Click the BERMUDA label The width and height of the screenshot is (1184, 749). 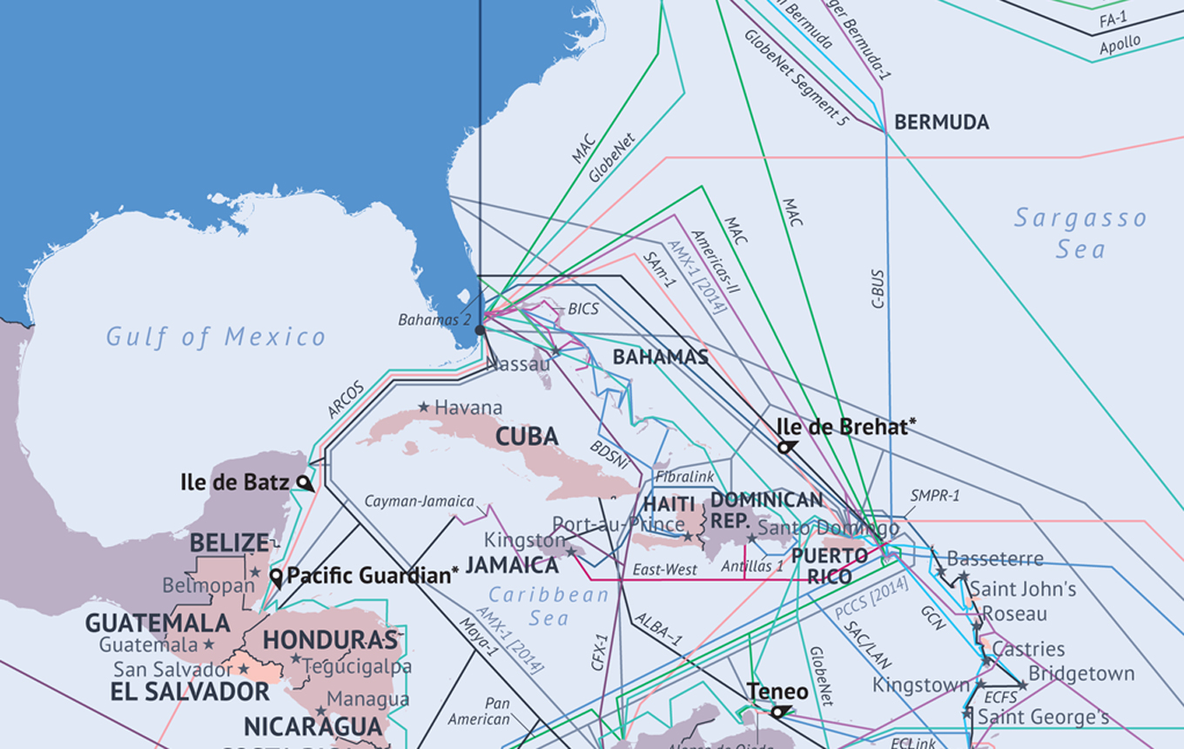(941, 123)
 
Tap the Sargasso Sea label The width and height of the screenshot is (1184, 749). (1080, 233)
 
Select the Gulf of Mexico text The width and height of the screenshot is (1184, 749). (216, 337)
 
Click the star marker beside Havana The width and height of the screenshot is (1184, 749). (423, 407)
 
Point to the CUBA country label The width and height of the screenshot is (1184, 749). (527, 436)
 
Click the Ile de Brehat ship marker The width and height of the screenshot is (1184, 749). (786, 447)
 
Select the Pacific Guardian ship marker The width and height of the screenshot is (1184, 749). (277, 577)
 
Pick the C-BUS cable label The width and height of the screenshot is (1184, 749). (878, 288)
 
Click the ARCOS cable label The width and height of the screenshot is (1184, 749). (346, 399)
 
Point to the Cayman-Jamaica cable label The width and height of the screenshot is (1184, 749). (419, 502)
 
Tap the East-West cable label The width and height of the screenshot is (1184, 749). (664, 570)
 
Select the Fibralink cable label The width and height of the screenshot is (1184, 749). (684, 477)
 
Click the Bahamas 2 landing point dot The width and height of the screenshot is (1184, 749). (480, 330)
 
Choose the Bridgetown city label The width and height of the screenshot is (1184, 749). (1081, 673)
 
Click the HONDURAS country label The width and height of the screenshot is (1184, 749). (330, 640)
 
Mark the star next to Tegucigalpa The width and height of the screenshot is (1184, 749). (296, 659)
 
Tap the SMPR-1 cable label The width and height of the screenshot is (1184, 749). (935, 496)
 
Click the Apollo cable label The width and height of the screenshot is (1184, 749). (1120, 45)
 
